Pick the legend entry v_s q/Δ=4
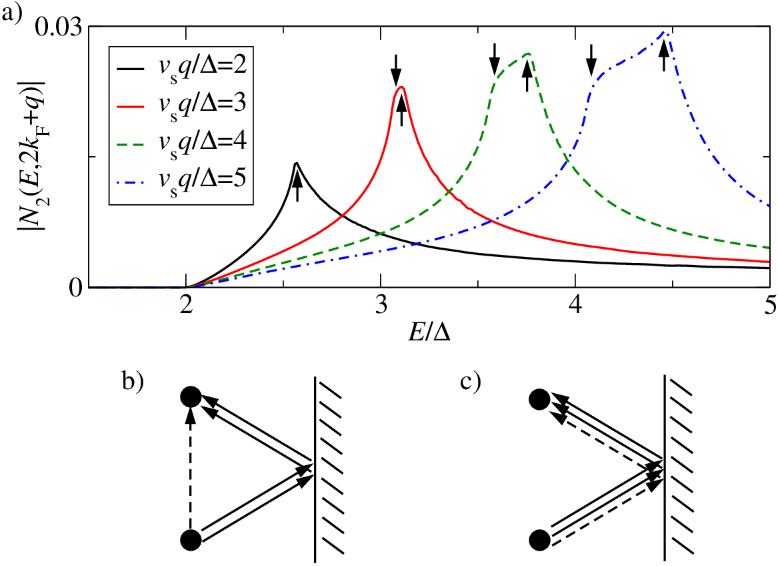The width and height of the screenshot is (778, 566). point(181,143)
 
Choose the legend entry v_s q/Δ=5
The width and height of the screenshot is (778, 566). point(181,181)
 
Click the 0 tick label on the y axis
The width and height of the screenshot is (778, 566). point(76,288)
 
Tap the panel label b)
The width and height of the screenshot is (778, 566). point(131,382)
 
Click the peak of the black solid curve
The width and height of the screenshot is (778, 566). point(296,162)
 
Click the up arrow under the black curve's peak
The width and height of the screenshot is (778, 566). point(297,183)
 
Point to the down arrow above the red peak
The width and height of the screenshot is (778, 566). point(395,70)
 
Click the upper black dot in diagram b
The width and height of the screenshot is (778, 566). point(191,397)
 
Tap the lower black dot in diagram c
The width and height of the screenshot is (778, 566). point(540,540)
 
